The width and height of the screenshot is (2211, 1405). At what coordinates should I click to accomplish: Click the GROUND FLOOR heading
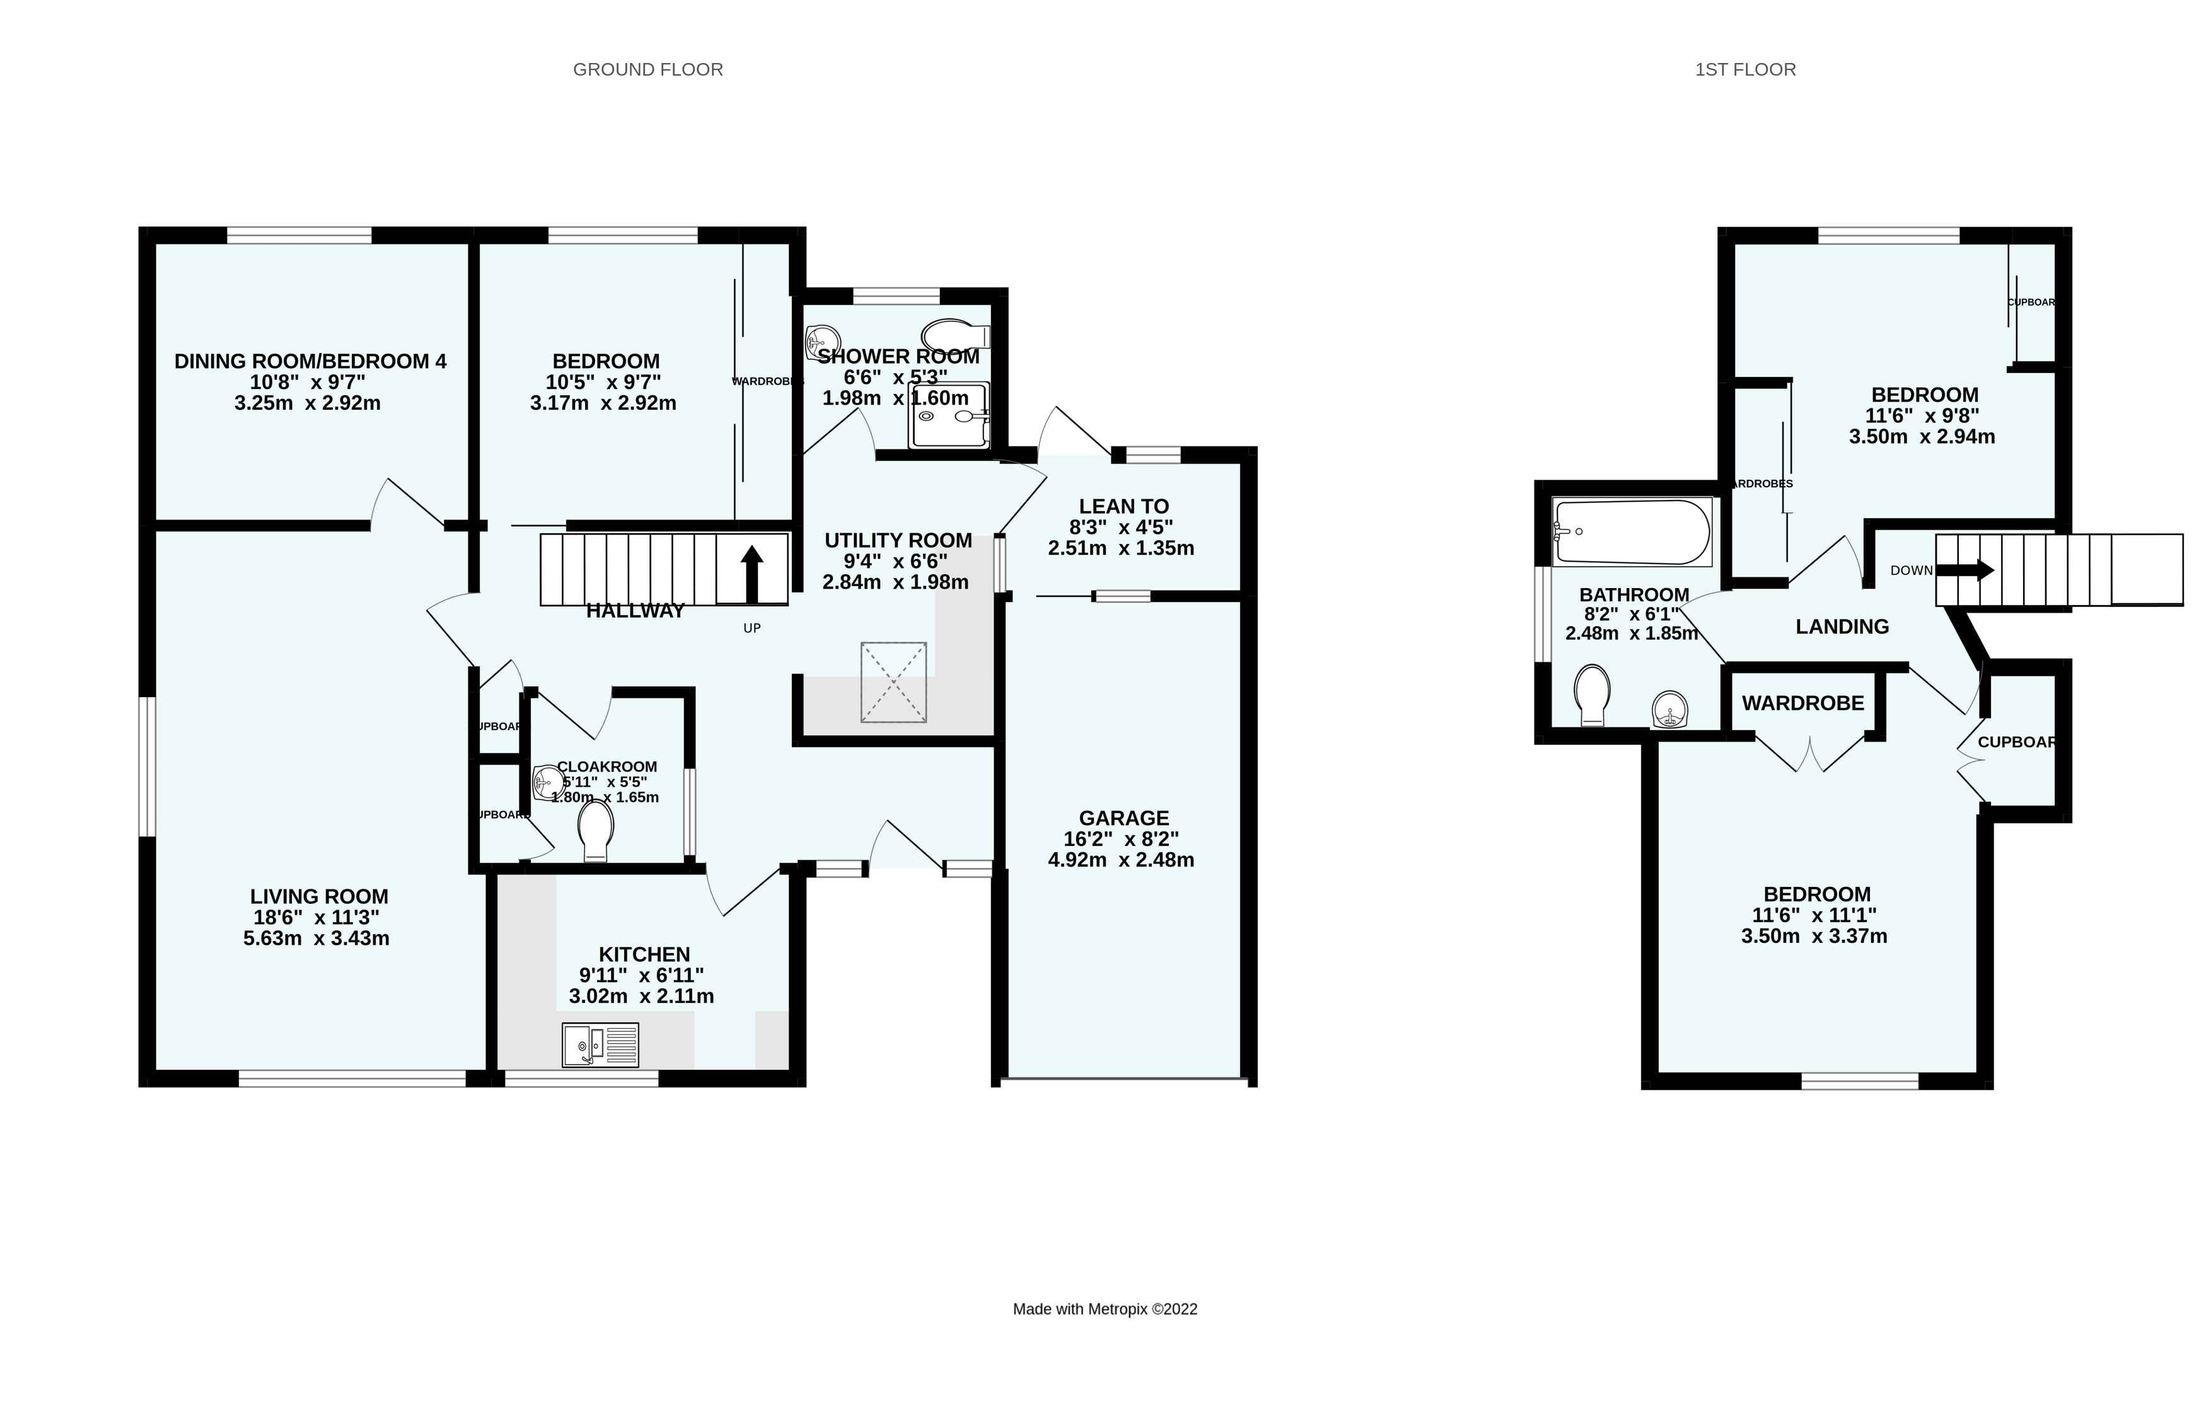[x=647, y=70]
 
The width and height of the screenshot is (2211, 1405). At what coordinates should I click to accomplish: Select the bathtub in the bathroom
[x=1632, y=532]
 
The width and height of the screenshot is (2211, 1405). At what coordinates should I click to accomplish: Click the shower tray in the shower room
[x=949, y=416]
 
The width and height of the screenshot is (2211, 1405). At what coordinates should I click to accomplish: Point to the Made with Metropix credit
[x=1105, y=1309]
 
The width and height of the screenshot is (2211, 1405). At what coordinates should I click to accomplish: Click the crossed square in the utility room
[x=893, y=682]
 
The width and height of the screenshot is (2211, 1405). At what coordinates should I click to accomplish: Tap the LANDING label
[x=1842, y=627]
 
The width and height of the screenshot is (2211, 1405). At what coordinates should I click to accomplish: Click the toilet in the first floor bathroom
[x=1592, y=695]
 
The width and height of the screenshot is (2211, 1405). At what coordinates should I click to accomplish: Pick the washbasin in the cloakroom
[x=549, y=782]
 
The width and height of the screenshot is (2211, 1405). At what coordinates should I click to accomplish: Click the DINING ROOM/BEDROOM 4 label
[x=310, y=362]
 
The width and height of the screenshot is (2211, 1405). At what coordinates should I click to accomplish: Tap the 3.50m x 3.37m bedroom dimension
[x=1814, y=937]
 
